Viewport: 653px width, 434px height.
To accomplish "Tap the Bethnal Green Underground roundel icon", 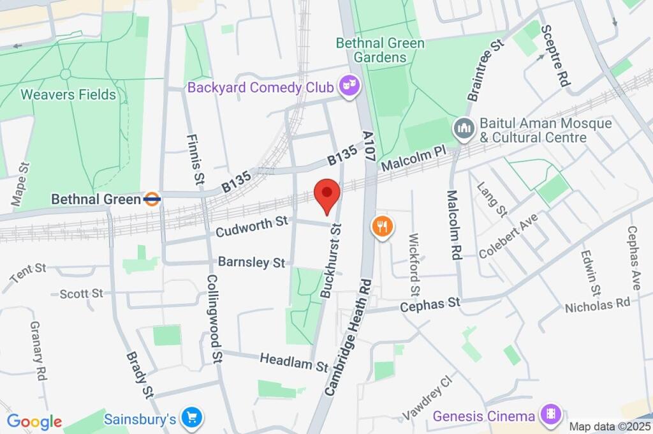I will [x=152, y=199].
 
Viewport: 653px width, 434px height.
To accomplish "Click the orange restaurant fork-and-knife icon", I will [x=382, y=226].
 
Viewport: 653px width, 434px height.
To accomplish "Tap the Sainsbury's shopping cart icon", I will [x=191, y=419].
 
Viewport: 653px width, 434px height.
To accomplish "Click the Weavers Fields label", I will [x=68, y=95].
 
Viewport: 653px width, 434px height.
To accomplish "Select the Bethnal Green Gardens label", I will [x=372, y=50].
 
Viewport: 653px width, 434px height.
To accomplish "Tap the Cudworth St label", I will [x=252, y=226].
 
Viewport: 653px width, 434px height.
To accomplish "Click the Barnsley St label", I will [x=251, y=262].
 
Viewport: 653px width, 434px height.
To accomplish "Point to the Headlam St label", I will [x=293, y=362].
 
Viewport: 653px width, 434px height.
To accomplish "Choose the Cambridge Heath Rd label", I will [x=348, y=337].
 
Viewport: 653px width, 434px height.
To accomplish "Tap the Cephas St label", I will [x=430, y=304].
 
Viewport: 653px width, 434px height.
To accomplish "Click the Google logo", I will [x=34, y=421].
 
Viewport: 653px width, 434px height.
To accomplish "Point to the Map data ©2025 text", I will [x=610, y=426].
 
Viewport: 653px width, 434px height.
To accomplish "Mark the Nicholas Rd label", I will [x=597, y=304].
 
